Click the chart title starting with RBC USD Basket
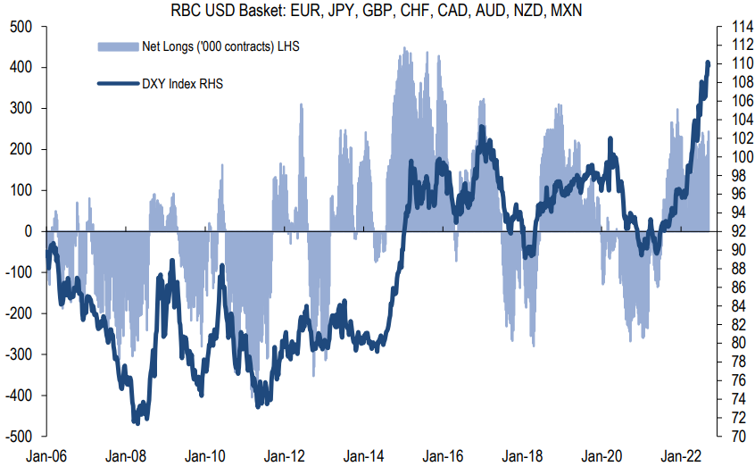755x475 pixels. point(377,10)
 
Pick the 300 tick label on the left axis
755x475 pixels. point(21,109)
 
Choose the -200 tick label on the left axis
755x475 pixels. point(20,313)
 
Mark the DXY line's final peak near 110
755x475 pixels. point(708,62)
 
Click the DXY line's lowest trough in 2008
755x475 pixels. point(136,421)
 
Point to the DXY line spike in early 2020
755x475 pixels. point(610,140)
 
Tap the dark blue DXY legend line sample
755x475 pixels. point(115,85)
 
